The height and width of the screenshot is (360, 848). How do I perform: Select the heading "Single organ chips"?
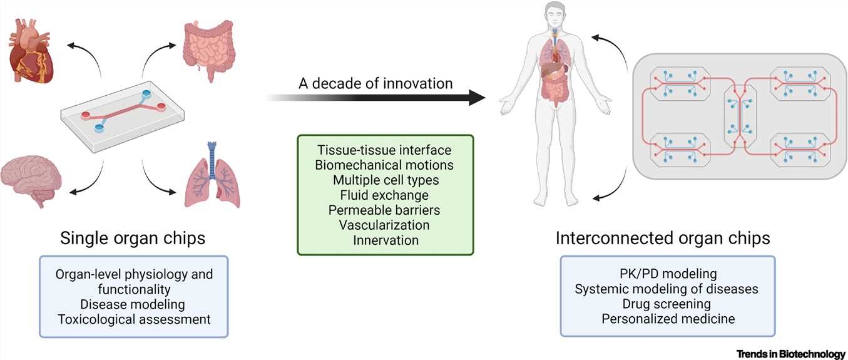point(132,239)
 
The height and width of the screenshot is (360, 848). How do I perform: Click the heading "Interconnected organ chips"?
point(663,239)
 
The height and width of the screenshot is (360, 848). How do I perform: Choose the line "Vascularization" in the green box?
point(385,224)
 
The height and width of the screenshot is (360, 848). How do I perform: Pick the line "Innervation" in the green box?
point(385,239)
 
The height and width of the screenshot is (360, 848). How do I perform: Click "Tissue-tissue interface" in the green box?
point(385,151)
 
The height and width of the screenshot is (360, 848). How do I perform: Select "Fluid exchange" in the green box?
point(385,195)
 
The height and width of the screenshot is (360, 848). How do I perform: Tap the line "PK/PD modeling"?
point(667,274)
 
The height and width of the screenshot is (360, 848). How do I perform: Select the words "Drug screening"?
point(667,304)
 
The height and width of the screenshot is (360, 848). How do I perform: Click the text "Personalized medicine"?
point(667,319)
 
